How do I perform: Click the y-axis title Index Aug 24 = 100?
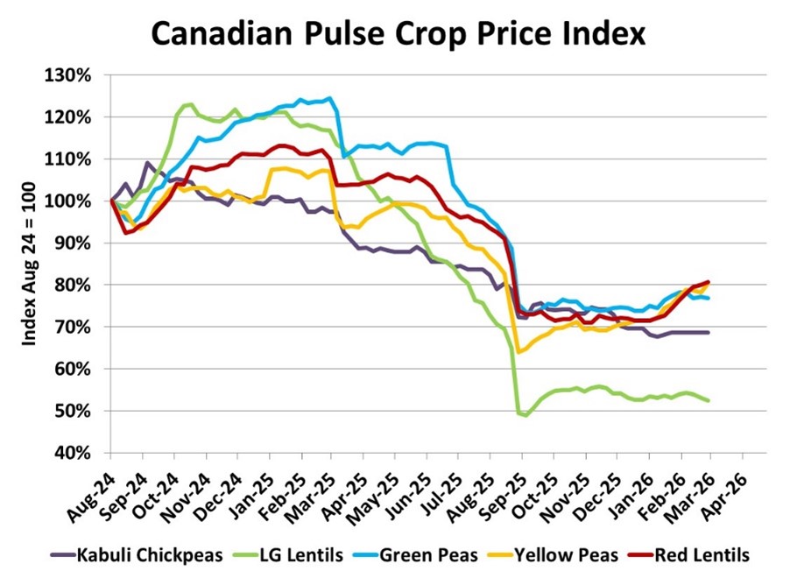tap(29, 263)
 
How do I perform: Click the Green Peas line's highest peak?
tap(329, 98)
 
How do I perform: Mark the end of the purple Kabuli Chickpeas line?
tap(708, 333)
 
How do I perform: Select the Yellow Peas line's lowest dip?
tap(518, 352)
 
